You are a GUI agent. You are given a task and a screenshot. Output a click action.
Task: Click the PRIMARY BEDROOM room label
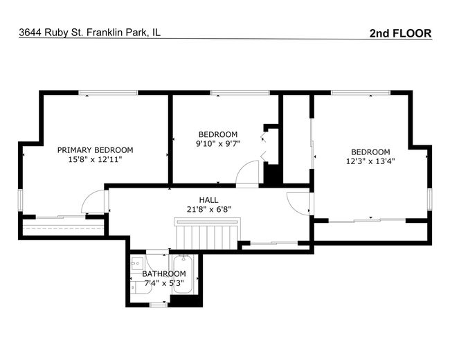click(x=95, y=150)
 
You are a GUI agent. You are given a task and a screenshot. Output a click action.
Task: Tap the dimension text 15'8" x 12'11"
click(x=95, y=160)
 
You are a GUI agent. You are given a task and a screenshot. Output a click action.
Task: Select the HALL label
click(x=208, y=200)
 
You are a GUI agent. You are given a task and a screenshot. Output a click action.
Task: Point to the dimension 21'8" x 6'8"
click(x=209, y=210)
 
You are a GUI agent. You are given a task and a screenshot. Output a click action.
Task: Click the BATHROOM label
click(x=164, y=274)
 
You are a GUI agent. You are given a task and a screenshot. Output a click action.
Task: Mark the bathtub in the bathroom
click(x=183, y=274)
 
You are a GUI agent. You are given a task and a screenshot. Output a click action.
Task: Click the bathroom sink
click(x=137, y=262)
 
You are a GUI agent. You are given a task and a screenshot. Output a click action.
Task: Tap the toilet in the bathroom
click(x=141, y=288)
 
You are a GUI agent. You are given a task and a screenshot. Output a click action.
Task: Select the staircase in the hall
click(x=207, y=234)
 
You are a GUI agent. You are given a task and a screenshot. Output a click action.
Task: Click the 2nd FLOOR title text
click(x=400, y=33)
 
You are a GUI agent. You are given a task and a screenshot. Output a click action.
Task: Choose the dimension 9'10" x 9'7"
click(x=218, y=143)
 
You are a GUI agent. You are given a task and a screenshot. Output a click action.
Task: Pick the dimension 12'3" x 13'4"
click(x=370, y=161)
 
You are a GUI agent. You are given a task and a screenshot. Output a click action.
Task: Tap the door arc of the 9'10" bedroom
click(x=242, y=167)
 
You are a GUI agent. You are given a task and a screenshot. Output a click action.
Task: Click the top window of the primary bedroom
click(x=108, y=93)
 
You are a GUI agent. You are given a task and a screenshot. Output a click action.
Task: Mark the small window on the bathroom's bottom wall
click(x=159, y=305)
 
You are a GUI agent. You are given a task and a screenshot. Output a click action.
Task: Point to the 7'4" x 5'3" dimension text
click(x=164, y=283)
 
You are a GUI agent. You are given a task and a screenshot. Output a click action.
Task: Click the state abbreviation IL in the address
click(x=156, y=33)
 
